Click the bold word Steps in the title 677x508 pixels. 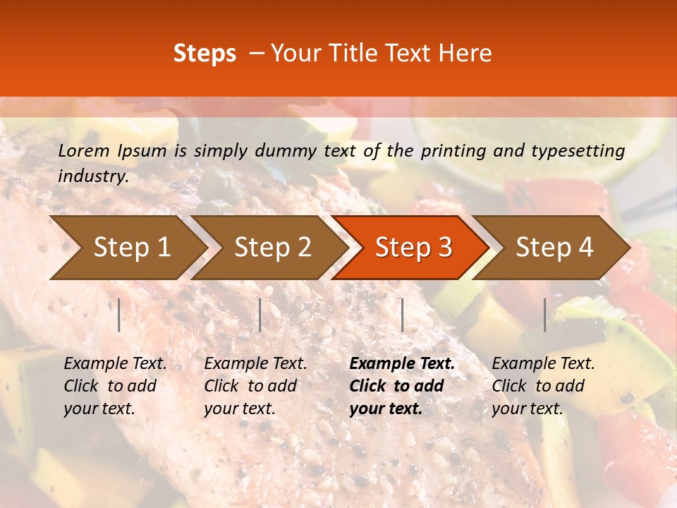click(205, 54)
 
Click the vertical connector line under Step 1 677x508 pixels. click(119, 315)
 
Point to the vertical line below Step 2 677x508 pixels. click(260, 315)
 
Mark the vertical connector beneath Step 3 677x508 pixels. click(403, 315)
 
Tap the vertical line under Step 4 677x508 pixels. click(545, 315)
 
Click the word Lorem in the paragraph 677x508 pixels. click(84, 150)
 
